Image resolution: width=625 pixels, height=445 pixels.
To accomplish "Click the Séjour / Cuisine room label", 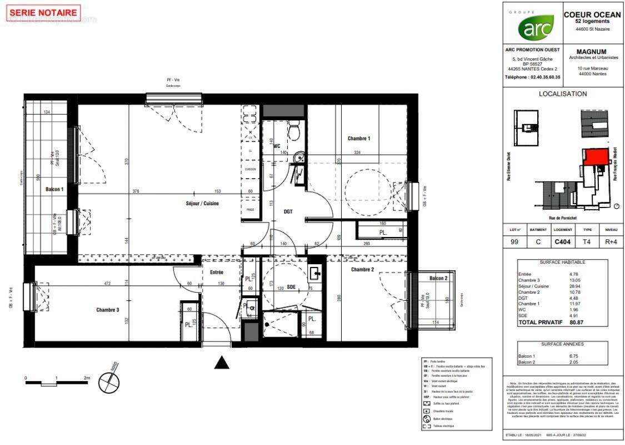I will pos(202,204).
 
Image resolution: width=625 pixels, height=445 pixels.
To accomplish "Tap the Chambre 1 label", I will pos(358,139).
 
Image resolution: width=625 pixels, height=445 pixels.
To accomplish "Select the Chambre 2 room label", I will pos(362,270).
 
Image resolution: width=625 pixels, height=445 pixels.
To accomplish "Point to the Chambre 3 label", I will pos(107,310).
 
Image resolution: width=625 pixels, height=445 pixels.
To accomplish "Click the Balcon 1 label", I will pos(54,189).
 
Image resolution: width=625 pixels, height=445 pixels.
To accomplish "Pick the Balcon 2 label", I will pos(438,278).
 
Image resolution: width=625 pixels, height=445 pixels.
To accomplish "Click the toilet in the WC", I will pos(294,131).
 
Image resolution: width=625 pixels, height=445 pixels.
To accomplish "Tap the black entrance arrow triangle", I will pos(222,363).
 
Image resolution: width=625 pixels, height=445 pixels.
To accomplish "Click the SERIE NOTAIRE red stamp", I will pos(44,13).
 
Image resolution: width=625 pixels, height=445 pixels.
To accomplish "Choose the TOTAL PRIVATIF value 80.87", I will pos(583,322).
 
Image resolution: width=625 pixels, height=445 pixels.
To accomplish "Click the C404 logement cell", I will pos(563,242).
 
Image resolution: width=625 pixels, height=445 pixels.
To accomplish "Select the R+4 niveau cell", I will pos(610,242).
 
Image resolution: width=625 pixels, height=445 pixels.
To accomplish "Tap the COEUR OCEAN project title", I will pos(592,15).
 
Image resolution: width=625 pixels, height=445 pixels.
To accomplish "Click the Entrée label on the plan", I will pos(216,273).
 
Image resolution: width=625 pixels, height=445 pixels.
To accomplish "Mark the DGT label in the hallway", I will pos(288,211).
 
